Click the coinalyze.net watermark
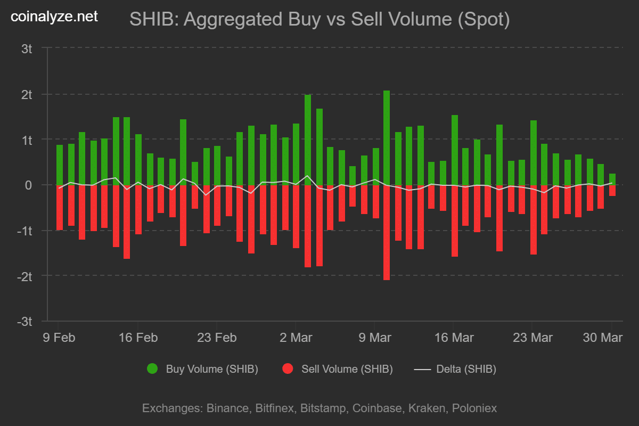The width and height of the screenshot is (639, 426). [55, 17]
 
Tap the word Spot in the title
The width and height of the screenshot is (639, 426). [483, 20]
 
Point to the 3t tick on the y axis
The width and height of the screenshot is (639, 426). [27, 49]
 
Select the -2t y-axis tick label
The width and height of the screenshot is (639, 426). [24, 276]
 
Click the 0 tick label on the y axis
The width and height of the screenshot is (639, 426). [29, 185]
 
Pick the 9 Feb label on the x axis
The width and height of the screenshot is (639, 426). [59, 338]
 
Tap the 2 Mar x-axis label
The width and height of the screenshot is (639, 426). [296, 338]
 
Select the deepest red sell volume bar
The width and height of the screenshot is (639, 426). [387, 232]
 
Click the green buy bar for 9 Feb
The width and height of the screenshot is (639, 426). [60, 165]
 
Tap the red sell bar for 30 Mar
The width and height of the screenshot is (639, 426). [612, 190]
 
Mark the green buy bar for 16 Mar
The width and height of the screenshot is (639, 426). [455, 150]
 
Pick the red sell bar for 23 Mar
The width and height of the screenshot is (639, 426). [534, 219]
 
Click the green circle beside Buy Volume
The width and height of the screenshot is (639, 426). [152, 369]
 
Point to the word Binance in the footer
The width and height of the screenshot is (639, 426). [226, 408]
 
